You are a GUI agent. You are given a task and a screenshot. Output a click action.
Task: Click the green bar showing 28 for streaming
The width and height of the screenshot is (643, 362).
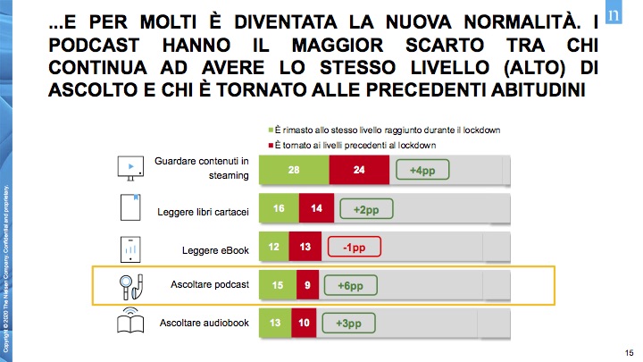coord(294,170)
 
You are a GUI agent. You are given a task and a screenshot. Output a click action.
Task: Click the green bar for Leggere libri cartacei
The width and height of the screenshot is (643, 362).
coord(279,208)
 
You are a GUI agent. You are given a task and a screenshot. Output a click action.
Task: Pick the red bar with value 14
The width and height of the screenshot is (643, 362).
coord(315,208)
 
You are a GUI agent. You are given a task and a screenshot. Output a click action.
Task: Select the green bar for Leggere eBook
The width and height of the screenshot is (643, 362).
coord(273,247)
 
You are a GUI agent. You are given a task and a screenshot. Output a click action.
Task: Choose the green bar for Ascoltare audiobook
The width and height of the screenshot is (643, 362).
coord(275,322)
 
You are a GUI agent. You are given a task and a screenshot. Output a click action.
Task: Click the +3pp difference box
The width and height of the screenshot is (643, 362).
coord(348,322)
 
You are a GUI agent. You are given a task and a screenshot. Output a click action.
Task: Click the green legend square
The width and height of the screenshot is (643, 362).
coord(271,130)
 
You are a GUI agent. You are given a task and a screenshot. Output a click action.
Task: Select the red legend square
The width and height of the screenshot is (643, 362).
coord(271,144)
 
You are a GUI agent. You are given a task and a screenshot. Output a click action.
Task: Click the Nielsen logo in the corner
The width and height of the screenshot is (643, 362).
coord(614,15)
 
